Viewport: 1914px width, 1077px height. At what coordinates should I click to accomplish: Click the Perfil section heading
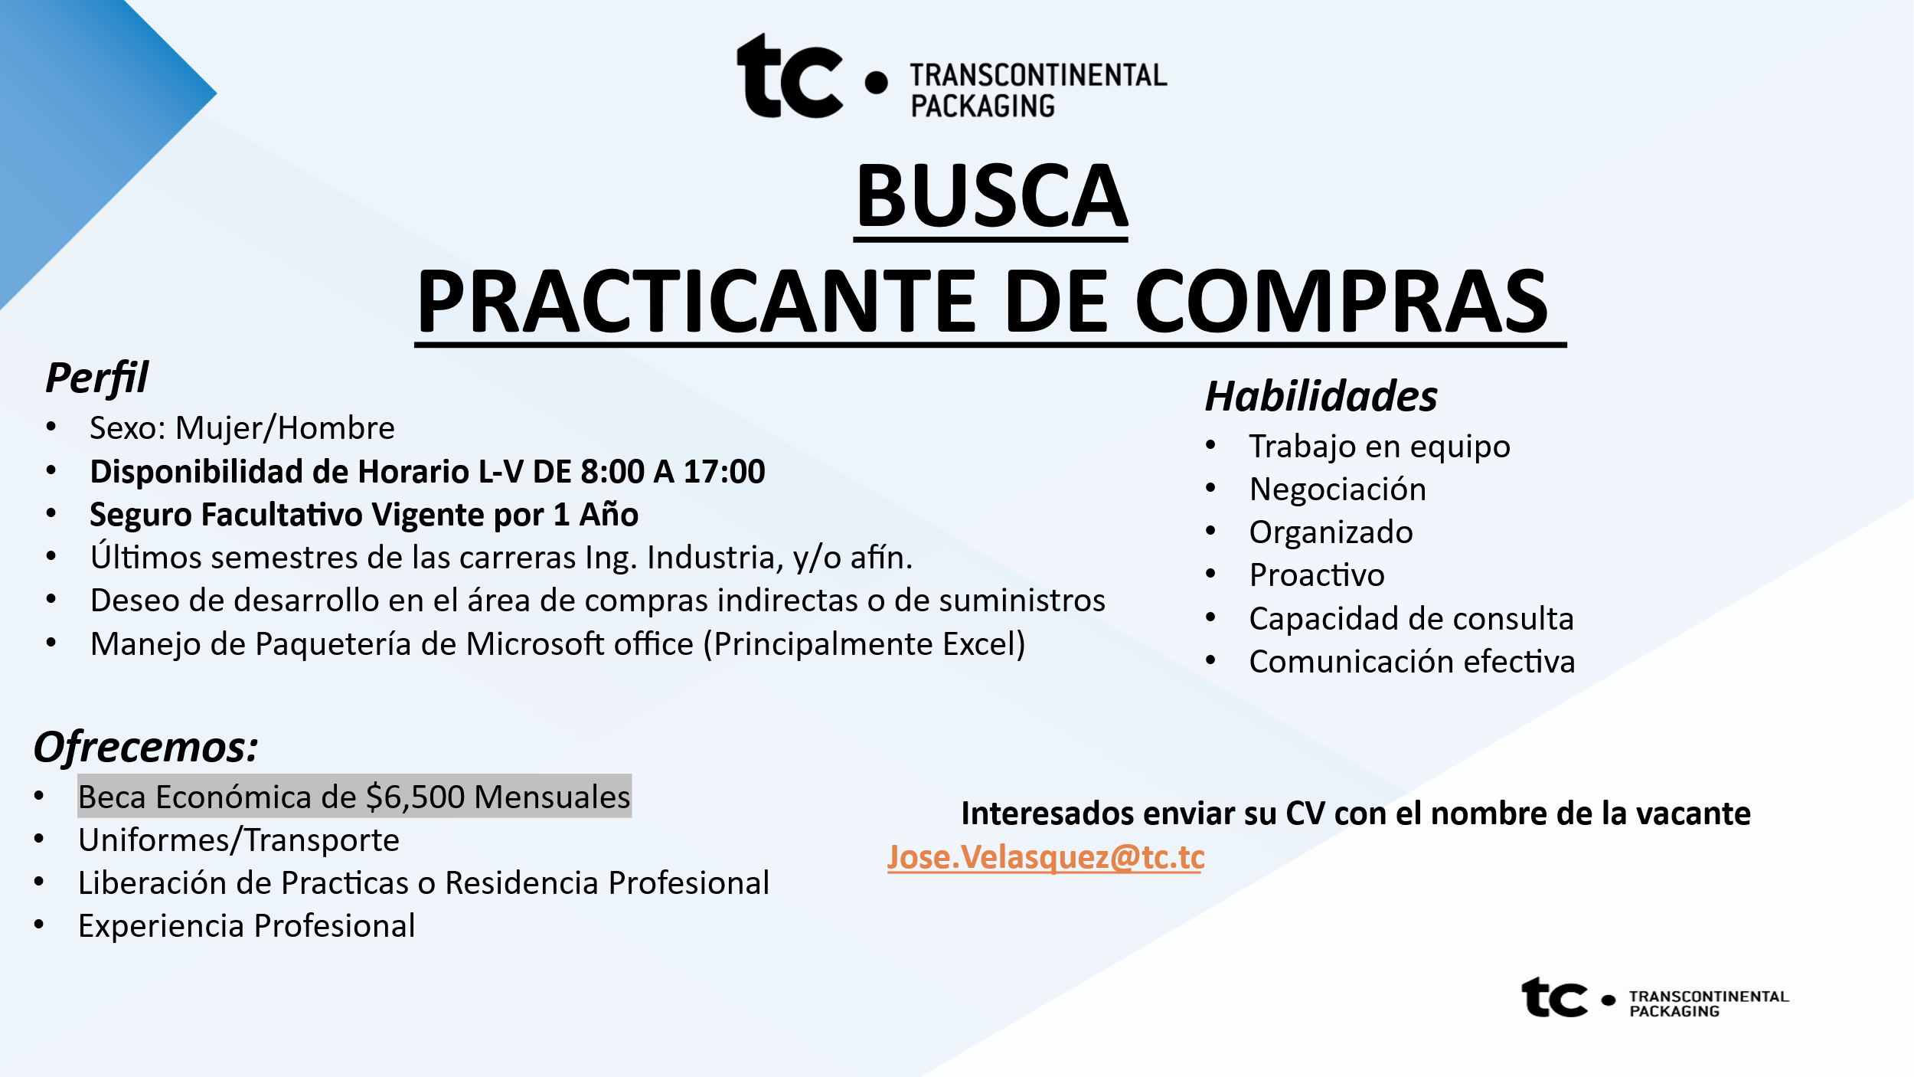click(96, 378)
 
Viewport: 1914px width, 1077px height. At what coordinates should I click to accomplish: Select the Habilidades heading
click(1321, 396)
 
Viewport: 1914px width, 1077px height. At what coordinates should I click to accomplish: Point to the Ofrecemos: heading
click(145, 747)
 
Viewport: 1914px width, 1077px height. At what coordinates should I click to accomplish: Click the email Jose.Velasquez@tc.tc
click(1046, 857)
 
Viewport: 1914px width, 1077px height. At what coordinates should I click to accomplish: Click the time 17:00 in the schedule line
click(723, 471)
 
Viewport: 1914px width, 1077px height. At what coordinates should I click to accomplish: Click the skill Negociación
click(1338, 489)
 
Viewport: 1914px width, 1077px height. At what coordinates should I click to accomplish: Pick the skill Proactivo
click(1317, 575)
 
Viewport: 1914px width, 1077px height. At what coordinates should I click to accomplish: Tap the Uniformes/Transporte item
click(239, 840)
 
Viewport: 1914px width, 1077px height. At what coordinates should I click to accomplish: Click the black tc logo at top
click(789, 76)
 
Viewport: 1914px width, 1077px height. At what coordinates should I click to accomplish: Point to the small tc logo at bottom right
click(1554, 997)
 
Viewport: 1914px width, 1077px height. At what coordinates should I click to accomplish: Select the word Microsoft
click(580, 644)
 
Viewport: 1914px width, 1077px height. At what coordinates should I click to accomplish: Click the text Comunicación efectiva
click(1412, 661)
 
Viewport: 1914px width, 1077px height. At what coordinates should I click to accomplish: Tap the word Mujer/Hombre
click(285, 428)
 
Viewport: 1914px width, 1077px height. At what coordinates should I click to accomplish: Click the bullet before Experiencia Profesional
click(39, 925)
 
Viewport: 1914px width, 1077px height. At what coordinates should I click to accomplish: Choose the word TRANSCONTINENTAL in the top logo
click(1038, 75)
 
